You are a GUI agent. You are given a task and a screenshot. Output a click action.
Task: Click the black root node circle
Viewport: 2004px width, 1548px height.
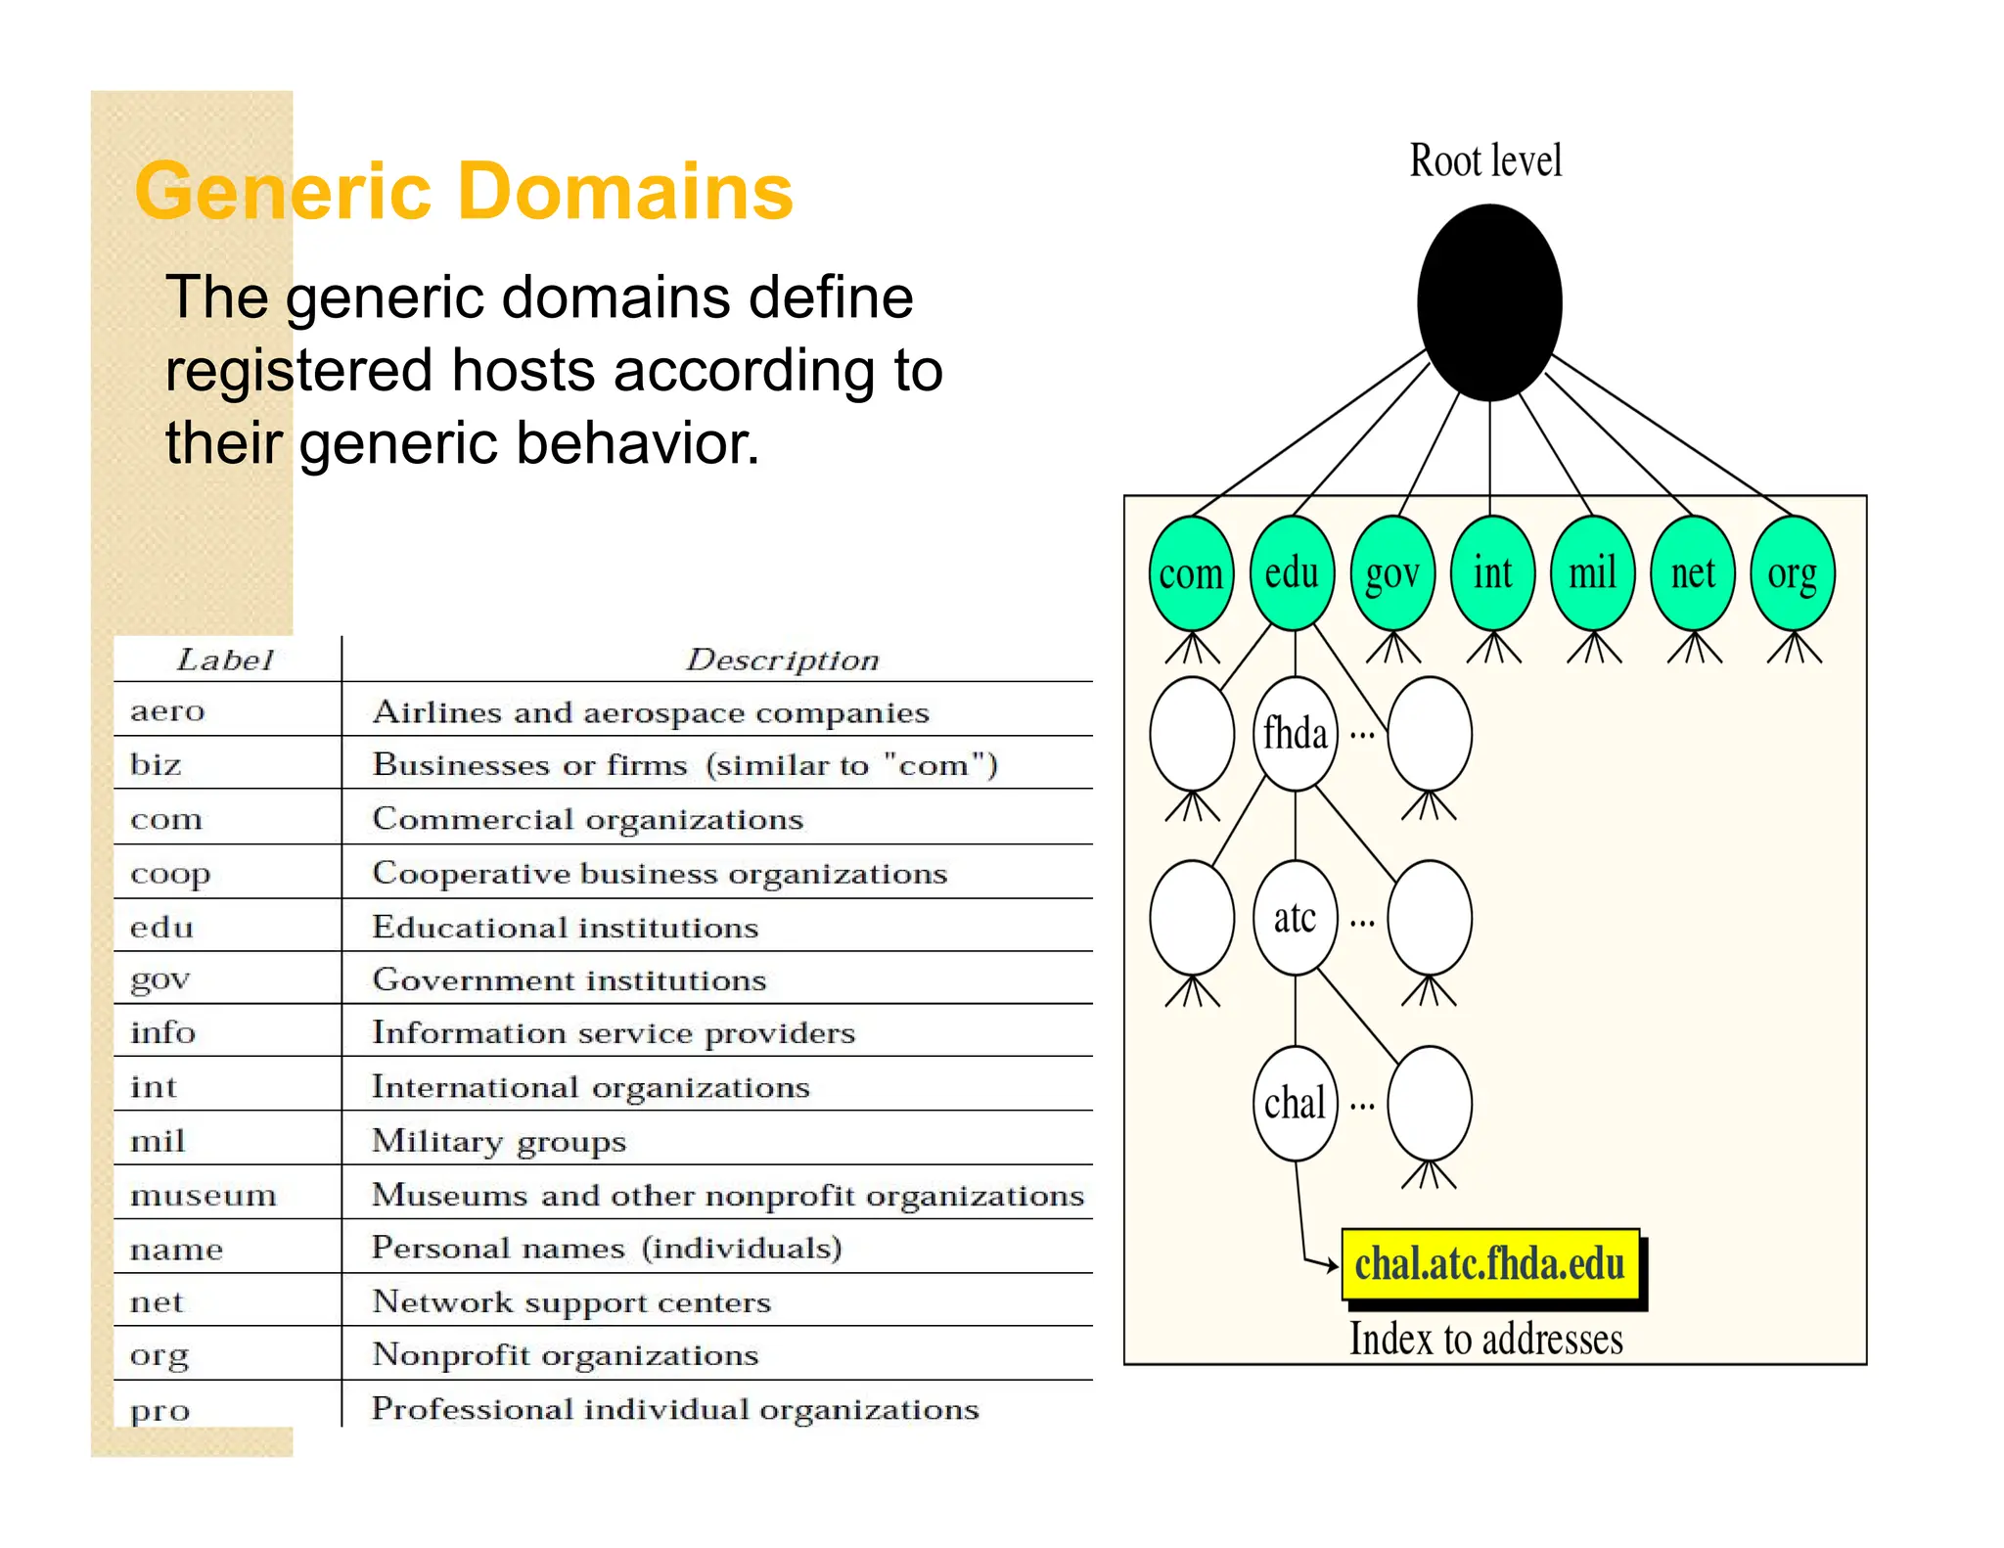coord(1489,301)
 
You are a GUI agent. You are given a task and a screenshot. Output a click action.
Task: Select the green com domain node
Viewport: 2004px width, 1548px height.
coord(1191,573)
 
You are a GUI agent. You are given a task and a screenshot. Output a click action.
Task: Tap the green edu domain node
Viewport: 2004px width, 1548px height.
coord(1292,573)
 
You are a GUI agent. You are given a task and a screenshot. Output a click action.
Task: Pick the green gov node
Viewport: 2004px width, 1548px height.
coord(1392,573)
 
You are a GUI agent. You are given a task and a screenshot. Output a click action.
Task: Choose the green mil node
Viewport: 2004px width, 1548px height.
coord(1593,573)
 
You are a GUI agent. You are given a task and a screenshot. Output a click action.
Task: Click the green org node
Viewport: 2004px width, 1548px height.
coord(1793,573)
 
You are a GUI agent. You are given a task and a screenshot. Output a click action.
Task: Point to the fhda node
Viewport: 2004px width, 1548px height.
coord(1295,734)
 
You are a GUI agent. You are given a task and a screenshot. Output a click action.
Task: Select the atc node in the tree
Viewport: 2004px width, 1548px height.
coord(1295,918)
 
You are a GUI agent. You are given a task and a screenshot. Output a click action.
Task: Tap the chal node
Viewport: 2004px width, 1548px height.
coord(1295,1104)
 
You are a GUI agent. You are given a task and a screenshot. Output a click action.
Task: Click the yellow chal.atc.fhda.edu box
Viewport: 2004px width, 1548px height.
coord(1489,1264)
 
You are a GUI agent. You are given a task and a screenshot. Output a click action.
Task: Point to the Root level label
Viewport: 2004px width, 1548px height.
coord(1485,160)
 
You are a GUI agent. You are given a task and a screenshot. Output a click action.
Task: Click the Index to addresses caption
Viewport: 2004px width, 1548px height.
coord(1485,1339)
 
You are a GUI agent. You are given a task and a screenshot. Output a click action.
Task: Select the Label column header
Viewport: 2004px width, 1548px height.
coord(225,660)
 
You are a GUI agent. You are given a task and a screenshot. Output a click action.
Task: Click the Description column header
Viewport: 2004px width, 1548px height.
coord(783,660)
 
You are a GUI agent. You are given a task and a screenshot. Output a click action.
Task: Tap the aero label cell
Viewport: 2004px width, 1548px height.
coord(167,710)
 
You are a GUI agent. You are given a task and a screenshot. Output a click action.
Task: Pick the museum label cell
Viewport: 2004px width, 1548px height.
coord(204,1195)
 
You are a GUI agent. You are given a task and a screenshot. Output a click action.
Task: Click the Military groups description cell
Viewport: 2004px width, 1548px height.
coord(499,1141)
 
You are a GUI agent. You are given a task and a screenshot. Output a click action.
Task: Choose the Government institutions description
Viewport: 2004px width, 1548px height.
coord(569,979)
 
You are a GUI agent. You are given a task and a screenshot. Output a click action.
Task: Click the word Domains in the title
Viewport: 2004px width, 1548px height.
coord(625,192)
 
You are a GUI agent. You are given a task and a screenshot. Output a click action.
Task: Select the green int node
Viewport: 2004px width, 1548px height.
coord(1492,573)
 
